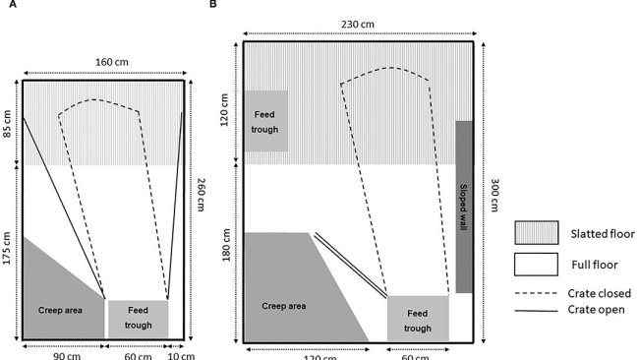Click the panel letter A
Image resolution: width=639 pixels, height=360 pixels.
click(x=10, y=6)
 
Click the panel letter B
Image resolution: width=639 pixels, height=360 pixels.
click(x=214, y=6)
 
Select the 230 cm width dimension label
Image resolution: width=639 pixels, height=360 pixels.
click(x=359, y=26)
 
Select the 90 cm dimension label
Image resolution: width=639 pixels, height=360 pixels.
click(x=66, y=354)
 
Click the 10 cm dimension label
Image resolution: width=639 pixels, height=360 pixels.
click(x=178, y=354)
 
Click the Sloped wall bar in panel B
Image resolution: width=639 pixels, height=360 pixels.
click(x=465, y=207)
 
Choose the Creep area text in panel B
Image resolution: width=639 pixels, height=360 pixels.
click(x=284, y=306)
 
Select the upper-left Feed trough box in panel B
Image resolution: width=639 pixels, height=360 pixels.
click(x=264, y=121)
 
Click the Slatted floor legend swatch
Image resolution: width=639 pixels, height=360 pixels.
click(x=536, y=233)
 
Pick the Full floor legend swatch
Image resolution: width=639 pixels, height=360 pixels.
click(x=536, y=265)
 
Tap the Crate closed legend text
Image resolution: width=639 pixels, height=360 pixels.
click(x=599, y=293)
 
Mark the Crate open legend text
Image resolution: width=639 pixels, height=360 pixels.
click(x=596, y=309)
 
